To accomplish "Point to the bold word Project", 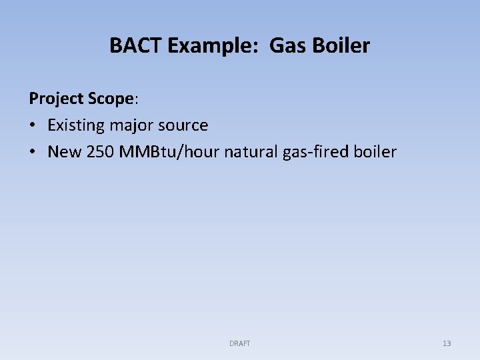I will click(x=56, y=99).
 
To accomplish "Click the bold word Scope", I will click(x=111, y=99).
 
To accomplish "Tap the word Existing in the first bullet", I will click(x=75, y=125).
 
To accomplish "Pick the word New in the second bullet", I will click(x=64, y=152).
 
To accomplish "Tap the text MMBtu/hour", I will click(x=169, y=152).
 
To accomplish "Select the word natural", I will click(x=249, y=152).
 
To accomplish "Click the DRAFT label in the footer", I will click(x=239, y=343).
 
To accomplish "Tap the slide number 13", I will click(x=447, y=343).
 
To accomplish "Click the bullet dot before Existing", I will click(x=33, y=126).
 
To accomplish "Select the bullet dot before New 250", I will click(x=33, y=153).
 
